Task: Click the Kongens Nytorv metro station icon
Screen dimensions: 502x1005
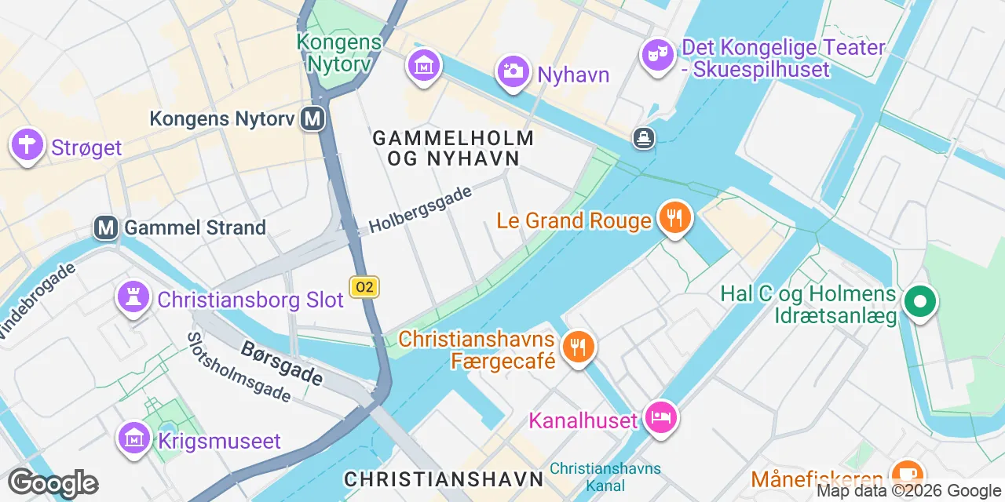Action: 313,119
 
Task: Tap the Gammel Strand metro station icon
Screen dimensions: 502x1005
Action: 106,227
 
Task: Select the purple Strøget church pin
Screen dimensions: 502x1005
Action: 27,145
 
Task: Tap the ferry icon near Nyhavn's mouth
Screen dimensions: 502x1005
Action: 644,139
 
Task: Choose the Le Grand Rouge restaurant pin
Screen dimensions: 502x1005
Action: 674,218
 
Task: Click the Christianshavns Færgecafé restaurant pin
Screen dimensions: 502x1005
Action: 579,347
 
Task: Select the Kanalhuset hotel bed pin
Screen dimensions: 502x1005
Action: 660,418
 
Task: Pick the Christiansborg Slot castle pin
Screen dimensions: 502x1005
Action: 134,297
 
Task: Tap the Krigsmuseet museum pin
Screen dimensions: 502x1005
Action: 134,438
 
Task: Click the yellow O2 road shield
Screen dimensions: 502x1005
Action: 364,287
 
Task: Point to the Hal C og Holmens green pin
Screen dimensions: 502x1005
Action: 919,302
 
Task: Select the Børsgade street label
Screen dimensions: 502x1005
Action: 282,362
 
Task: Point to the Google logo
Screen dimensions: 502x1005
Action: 53,483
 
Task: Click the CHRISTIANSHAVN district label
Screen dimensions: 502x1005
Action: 444,478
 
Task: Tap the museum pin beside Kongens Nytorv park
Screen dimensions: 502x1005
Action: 424,67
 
